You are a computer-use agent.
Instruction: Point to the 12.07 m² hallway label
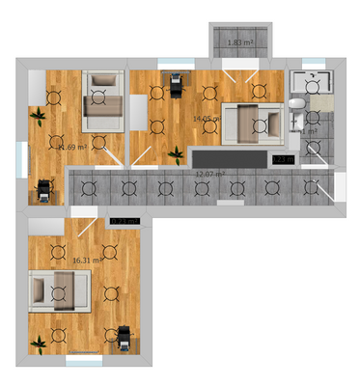coord(209,174)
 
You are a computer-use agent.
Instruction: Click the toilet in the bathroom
coord(298,106)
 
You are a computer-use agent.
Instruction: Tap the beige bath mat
coord(319,101)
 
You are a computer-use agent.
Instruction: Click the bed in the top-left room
coord(102,100)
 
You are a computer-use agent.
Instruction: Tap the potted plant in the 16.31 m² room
coord(40,341)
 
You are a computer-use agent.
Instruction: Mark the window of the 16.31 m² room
coord(84,362)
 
